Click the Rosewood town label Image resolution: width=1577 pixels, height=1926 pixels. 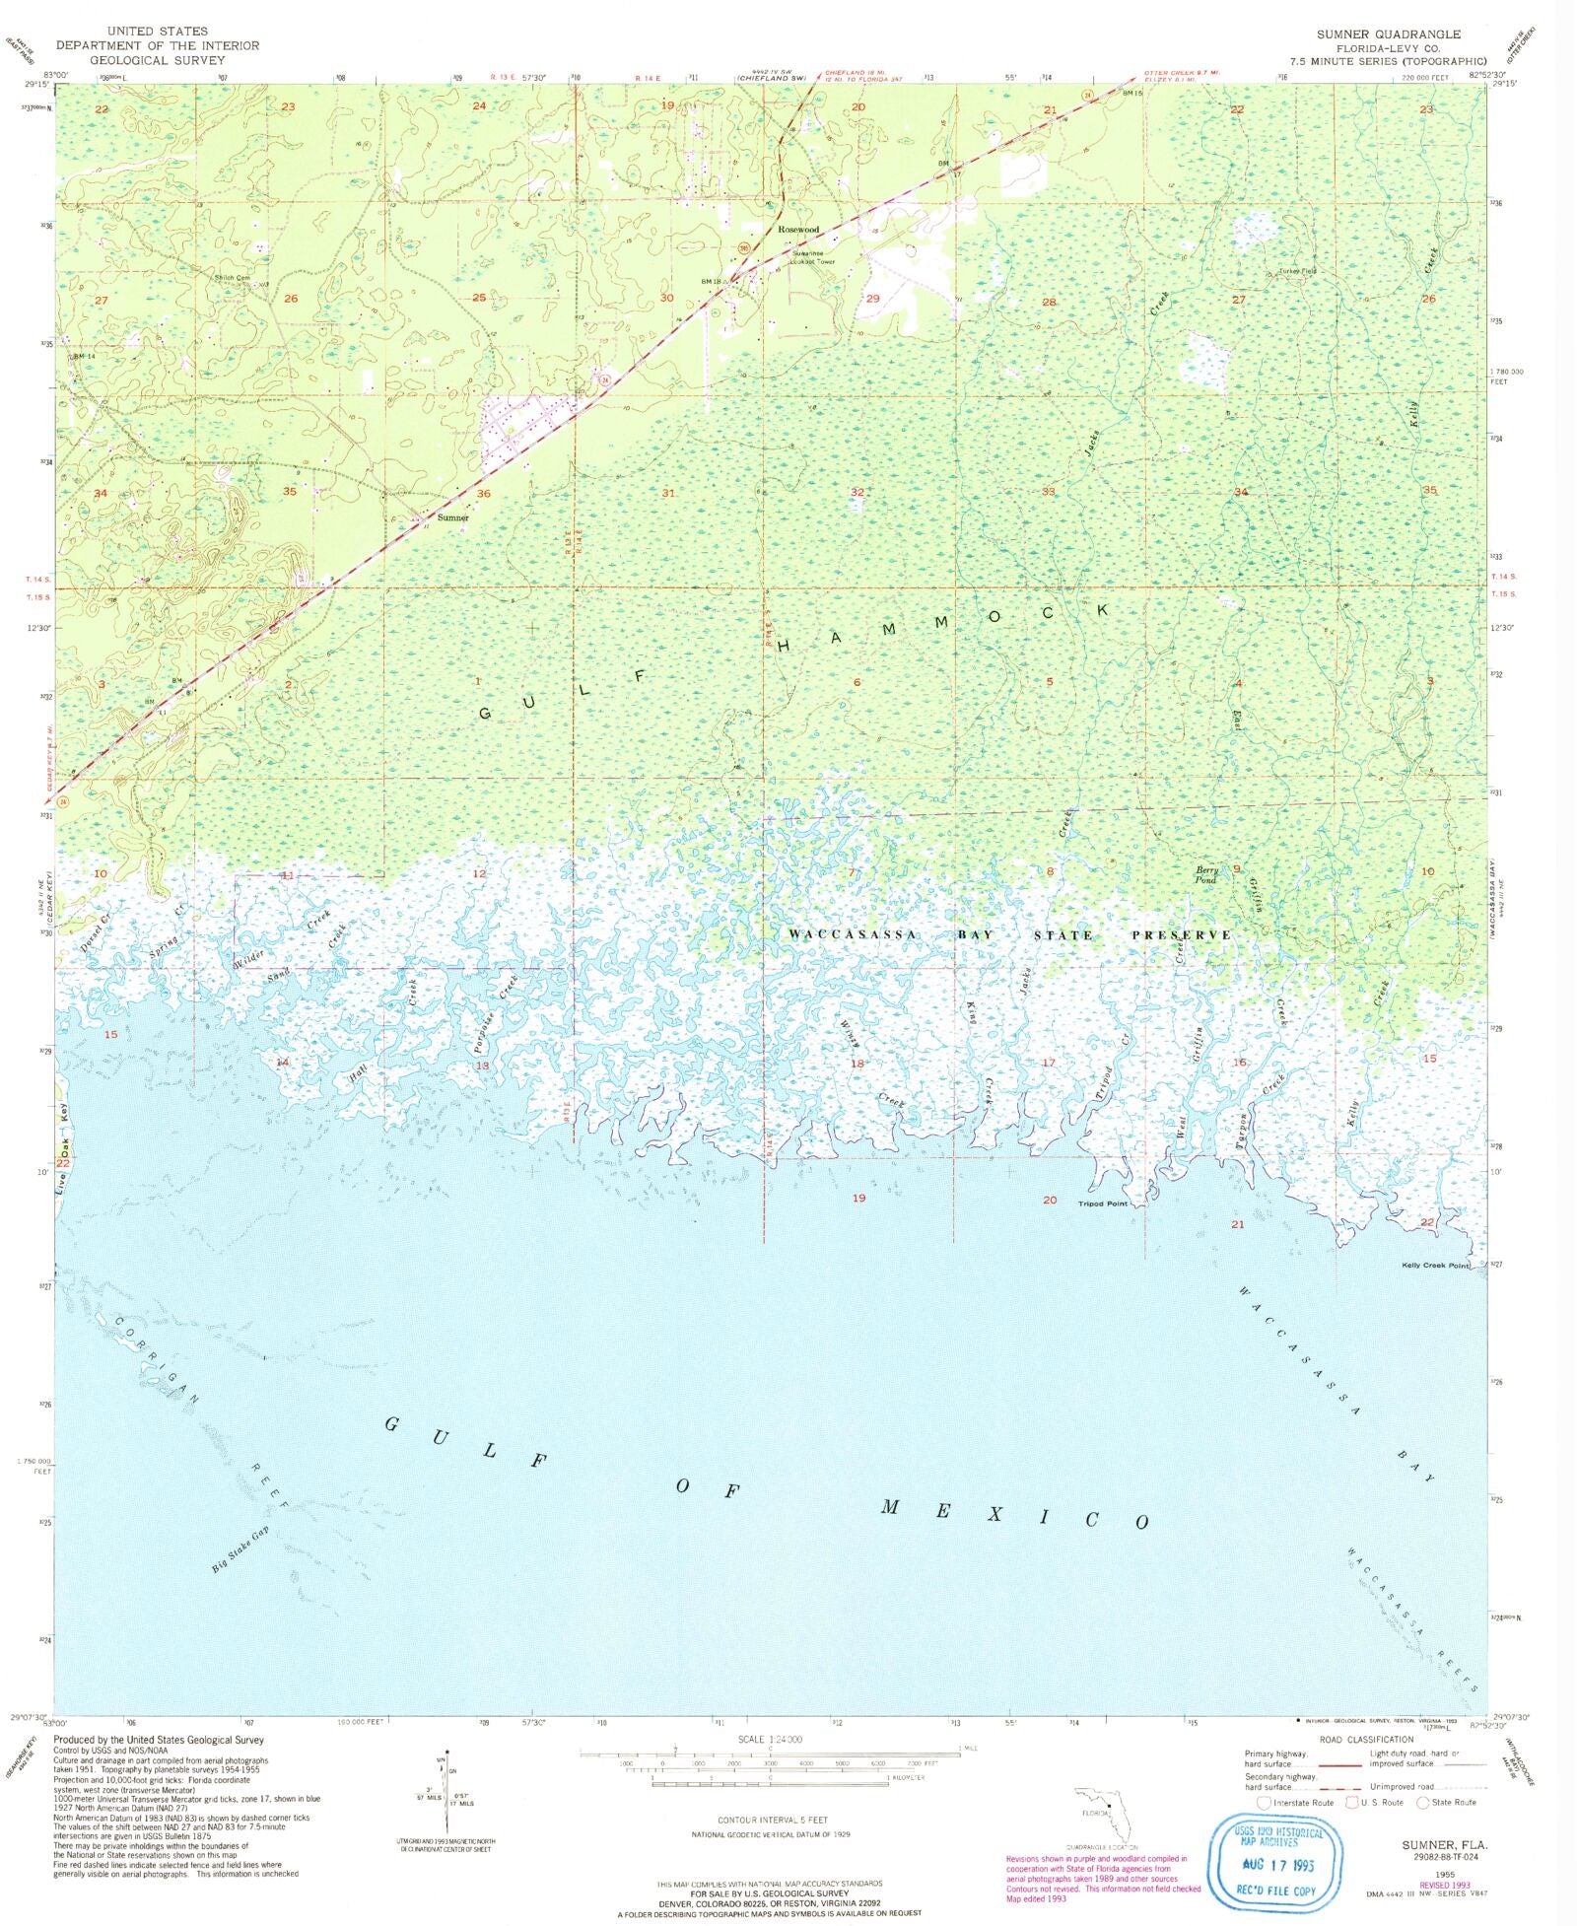[x=797, y=229]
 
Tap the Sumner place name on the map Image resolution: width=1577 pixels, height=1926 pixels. [x=452, y=517]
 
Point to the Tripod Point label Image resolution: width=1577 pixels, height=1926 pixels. [x=1102, y=1204]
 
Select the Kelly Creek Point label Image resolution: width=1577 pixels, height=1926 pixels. [x=1434, y=1266]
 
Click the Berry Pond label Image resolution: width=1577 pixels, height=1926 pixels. [x=1206, y=874]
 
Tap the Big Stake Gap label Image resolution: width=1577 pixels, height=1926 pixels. [x=240, y=1549]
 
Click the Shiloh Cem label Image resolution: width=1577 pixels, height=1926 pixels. [x=233, y=278]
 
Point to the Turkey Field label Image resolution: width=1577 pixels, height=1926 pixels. [x=1297, y=271]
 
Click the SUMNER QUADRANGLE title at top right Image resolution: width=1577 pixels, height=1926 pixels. [x=1388, y=34]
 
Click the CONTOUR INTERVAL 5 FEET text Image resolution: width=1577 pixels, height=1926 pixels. [x=772, y=1820]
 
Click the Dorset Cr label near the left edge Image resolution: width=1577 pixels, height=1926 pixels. [x=97, y=931]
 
